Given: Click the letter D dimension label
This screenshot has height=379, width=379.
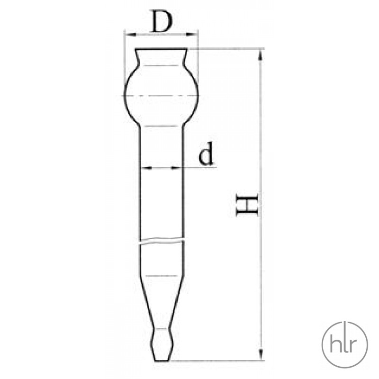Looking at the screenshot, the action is pos(162,21).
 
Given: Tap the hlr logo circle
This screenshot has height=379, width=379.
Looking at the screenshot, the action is pos(345,345).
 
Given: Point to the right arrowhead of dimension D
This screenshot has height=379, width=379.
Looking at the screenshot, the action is pos(192,34).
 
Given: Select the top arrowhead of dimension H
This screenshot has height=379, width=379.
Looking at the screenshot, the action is pos(260,55).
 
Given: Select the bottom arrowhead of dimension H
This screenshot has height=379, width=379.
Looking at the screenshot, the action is pos(261,354).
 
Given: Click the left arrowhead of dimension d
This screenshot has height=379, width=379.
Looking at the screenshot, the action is pos(146,168).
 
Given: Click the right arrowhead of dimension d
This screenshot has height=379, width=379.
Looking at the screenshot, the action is pos(176,168).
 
